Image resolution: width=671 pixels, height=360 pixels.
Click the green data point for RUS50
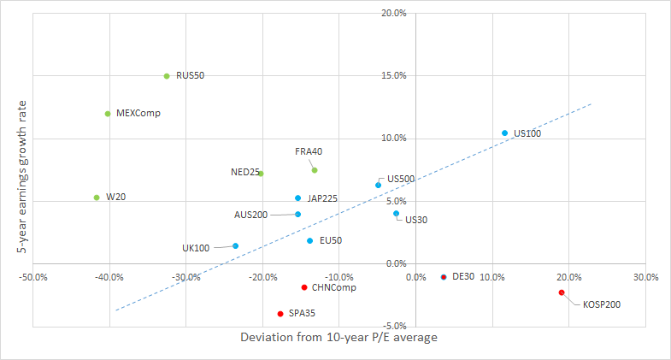(167, 76)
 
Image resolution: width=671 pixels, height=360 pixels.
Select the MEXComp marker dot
(108, 114)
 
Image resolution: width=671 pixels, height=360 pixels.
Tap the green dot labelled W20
(97, 198)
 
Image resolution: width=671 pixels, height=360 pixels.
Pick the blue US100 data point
(504, 133)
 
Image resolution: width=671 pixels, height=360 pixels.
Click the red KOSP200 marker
(562, 292)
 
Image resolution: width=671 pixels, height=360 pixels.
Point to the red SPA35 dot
(280, 314)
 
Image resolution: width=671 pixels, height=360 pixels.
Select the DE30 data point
(444, 277)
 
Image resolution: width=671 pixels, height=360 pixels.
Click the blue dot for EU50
(309, 241)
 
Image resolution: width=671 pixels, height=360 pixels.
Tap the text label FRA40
(309, 151)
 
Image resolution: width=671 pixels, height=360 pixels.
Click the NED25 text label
(245, 172)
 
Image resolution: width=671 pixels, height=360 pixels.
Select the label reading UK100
(196, 248)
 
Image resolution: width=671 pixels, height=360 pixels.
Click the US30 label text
(416, 220)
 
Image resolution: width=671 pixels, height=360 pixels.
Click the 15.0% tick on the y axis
(392, 75)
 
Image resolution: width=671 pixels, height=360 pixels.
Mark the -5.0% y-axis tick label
(392, 326)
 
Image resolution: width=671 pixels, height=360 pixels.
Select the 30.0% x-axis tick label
(645, 277)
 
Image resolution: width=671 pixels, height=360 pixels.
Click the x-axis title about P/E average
(338, 339)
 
